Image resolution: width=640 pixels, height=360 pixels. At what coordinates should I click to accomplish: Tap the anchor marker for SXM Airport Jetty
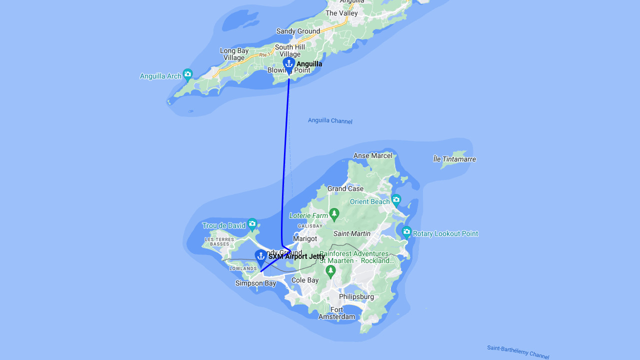point(260,257)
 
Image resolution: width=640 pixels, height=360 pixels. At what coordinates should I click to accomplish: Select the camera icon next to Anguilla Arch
point(187,75)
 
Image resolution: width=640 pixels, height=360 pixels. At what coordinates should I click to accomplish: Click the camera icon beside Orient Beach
point(396,200)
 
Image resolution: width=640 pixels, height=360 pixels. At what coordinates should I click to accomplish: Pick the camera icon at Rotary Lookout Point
point(406,232)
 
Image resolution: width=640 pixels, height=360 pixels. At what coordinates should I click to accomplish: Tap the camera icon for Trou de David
point(252,224)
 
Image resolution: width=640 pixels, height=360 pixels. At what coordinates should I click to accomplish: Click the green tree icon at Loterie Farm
point(334,214)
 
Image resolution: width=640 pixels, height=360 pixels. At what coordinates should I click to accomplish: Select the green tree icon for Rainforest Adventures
point(330,271)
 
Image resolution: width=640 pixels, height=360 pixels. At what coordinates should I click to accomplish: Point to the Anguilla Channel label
point(330,121)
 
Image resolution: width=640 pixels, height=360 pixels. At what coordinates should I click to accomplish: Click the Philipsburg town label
point(356,296)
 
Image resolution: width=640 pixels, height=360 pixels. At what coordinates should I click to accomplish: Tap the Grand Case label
point(345,188)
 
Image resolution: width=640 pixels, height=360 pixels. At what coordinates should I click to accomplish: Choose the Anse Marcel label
point(373,155)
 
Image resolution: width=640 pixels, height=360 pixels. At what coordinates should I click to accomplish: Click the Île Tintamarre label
point(454,159)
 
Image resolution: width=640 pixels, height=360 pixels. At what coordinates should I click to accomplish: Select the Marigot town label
point(305,238)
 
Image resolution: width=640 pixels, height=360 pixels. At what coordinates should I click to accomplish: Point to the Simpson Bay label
point(255,283)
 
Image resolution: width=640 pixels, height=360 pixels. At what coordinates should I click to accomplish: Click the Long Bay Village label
point(234,54)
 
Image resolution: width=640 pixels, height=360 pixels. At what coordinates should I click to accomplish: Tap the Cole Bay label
point(305,280)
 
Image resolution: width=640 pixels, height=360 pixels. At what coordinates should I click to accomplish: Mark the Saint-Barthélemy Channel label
point(518,352)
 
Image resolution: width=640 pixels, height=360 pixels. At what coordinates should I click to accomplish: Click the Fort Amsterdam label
point(337,313)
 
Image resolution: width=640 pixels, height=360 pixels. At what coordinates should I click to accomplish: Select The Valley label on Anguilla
point(341,13)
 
